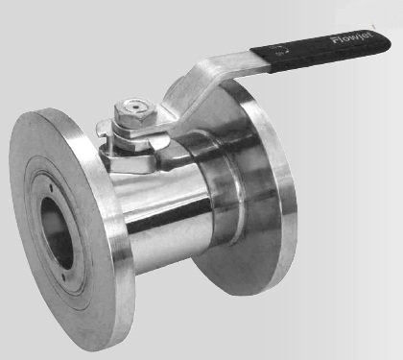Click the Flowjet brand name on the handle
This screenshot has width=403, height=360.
click(x=352, y=37)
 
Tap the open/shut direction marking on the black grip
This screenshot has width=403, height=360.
click(x=280, y=51)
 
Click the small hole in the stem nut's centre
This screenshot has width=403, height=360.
click(x=136, y=106)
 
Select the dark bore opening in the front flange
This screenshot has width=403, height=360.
click(x=57, y=232)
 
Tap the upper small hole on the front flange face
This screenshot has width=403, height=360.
click(x=51, y=188)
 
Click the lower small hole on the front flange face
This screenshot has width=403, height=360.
click(x=63, y=277)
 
